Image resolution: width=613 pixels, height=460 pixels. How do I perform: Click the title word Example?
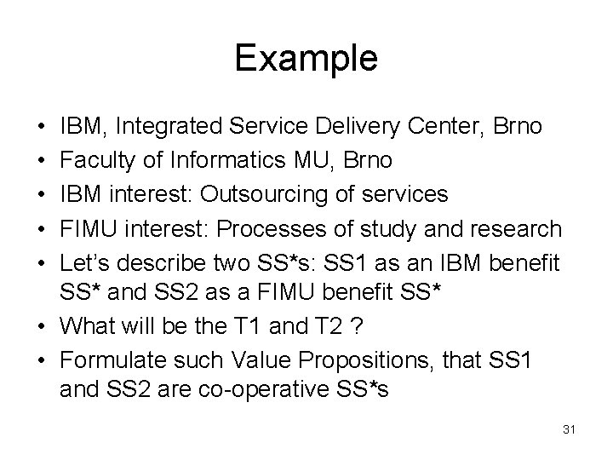tap(306, 59)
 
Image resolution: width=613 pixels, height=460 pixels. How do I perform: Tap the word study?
tap(413, 229)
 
